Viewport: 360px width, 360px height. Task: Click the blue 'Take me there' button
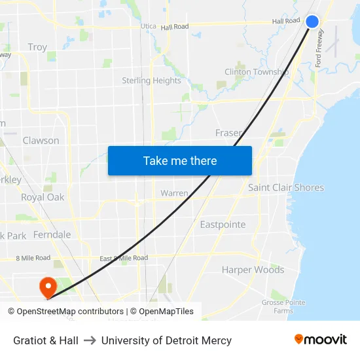[180, 160]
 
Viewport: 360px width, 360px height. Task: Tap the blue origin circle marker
[312, 22]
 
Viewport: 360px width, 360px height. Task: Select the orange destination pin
[48, 287]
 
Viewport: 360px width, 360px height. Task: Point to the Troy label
[37, 47]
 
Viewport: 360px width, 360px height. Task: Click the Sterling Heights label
[151, 81]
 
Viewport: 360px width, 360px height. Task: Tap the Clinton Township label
[257, 72]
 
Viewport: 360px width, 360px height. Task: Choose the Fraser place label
[228, 133]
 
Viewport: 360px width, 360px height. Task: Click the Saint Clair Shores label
[285, 187]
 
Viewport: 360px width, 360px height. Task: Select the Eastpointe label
[223, 225]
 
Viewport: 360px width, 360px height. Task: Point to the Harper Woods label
[253, 270]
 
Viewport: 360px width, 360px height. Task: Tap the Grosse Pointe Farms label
[283, 306]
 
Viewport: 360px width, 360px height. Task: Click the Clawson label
[41, 141]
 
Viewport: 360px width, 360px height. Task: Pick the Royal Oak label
[43, 197]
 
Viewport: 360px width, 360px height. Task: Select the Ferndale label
[52, 234]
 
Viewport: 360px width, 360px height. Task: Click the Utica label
[148, 27]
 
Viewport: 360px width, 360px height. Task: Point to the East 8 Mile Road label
[124, 259]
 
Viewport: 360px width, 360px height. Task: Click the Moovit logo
[320, 339]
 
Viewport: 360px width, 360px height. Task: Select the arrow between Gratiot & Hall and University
[90, 340]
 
